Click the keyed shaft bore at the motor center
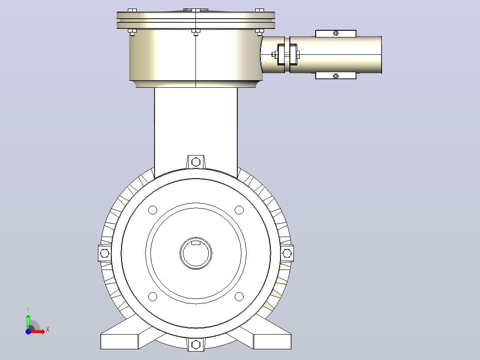tap(195, 253)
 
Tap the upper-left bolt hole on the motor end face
tap(152, 210)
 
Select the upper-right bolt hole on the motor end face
tap(239, 210)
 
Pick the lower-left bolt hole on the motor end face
tap(152, 297)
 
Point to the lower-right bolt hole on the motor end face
tap(239, 297)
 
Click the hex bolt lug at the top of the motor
tap(196, 162)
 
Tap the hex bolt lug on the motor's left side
tap(105, 254)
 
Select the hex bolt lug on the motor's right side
tap(287, 254)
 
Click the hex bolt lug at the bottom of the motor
tap(196, 344)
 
